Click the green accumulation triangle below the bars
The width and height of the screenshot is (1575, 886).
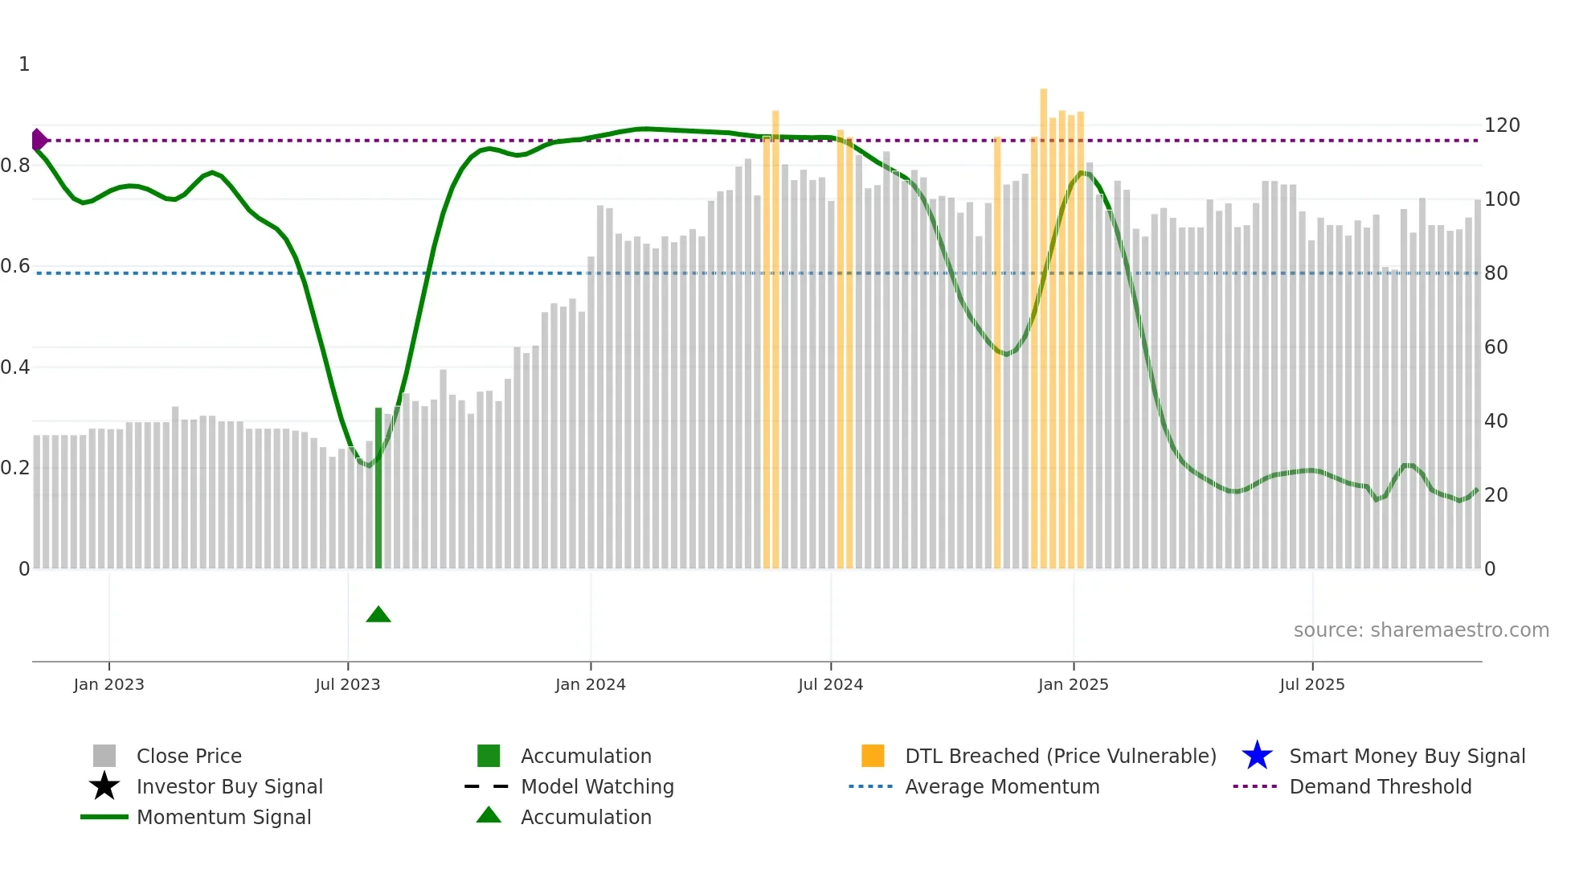(x=378, y=615)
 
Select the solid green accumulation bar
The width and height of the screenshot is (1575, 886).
(x=378, y=488)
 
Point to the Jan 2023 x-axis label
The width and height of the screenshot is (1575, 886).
(x=108, y=684)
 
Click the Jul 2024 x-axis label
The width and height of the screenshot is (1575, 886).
(x=830, y=684)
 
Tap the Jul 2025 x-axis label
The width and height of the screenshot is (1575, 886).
(x=1311, y=684)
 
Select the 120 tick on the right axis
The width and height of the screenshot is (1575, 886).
(x=1501, y=125)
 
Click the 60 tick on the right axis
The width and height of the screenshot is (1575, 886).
(x=1495, y=347)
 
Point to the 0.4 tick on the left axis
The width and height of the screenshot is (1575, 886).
(x=15, y=367)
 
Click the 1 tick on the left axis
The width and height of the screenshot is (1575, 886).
(x=24, y=64)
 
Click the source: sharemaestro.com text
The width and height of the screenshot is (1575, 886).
(x=1421, y=630)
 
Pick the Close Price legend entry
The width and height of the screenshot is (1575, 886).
(x=189, y=756)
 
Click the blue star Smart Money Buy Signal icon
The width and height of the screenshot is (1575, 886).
(x=1257, y=756)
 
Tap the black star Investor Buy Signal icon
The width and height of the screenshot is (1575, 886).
(x=104, y=786)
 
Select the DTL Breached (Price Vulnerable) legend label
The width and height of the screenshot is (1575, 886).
(x=1060, y=756)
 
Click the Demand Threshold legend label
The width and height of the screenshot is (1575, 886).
(x=1380, y=786)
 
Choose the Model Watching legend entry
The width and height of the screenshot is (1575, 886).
(x=597, y=786)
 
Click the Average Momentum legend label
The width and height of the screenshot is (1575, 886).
(x=1002, y=786)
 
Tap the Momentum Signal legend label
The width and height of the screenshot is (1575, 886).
(x=223, y=817)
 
